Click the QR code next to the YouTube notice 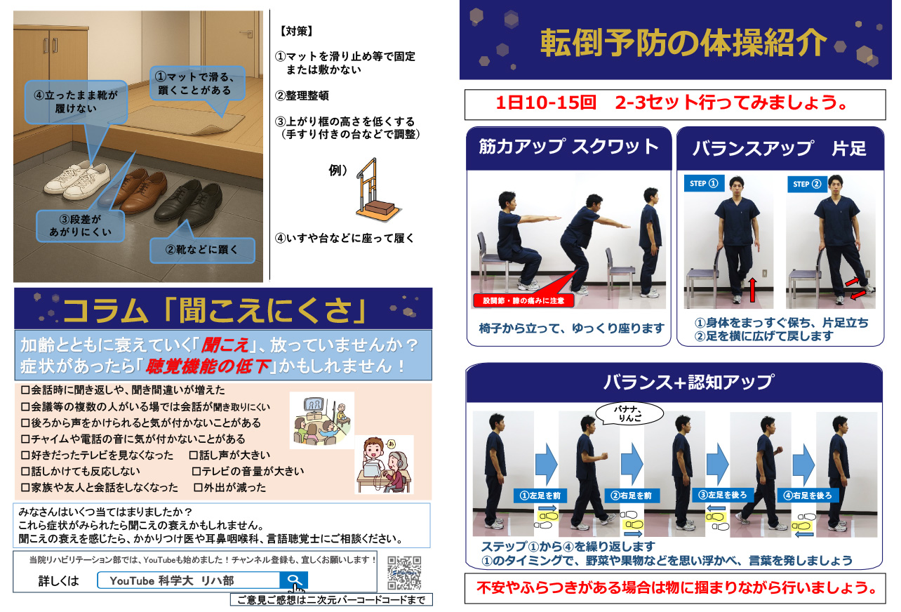[404, 573]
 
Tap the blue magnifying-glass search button [293, 580]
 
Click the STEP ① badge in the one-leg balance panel [704, 183]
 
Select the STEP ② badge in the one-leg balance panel [806, 185]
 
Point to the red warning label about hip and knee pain [523, 300]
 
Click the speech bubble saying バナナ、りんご [629, 413]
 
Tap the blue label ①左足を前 [540, 495]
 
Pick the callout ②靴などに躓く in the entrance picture [202, 250]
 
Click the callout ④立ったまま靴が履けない [76, 102]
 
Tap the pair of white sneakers [78, 180]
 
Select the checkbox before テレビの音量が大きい [196, 471]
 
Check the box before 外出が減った [198, 488]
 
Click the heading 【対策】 [297, 31]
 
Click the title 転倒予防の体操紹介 [683, 43]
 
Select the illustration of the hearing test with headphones [385, 465]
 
